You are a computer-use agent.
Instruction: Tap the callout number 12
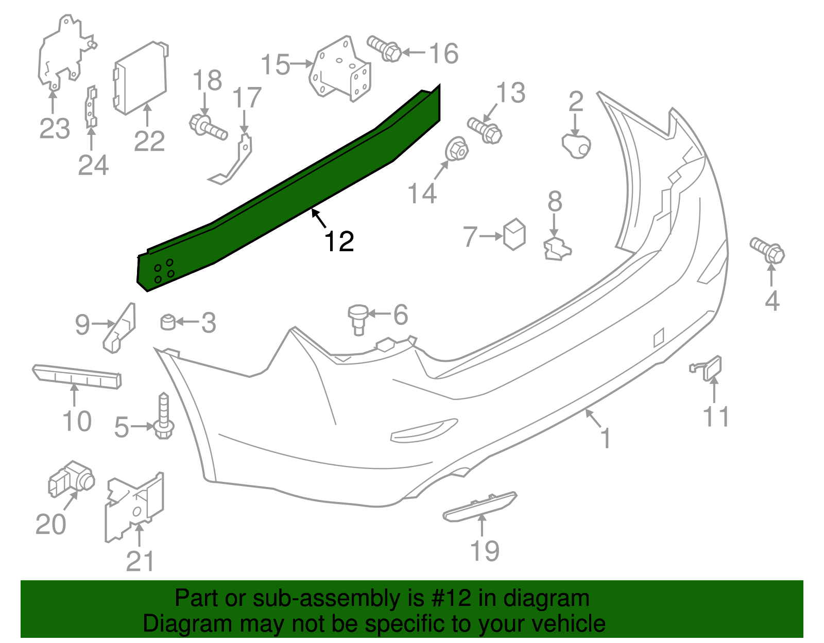(339, 241)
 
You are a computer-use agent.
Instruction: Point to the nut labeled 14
(456, 149)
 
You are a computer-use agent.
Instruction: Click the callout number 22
(149, 141)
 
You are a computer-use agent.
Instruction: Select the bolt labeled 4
(768, 250)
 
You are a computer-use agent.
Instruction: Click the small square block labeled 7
(514, 235)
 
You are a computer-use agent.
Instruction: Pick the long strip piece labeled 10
(77, 377)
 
